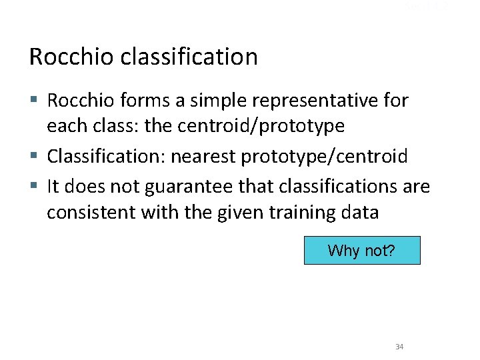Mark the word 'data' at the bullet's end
(361, 213)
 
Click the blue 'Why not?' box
(362, 251)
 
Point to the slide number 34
(399, 347)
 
